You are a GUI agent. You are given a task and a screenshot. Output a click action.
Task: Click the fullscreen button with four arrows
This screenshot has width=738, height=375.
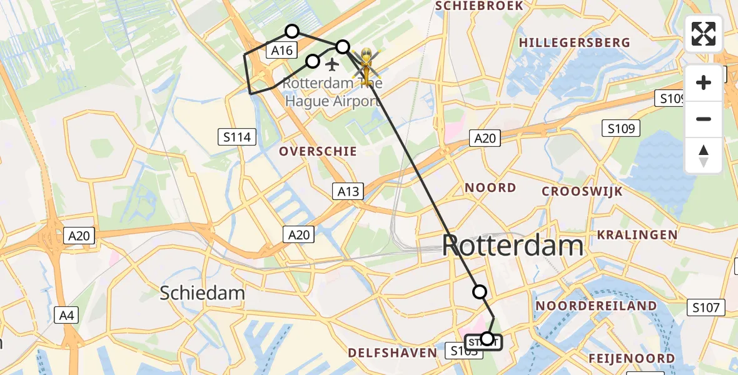pyautogui.click(x=704, y=34)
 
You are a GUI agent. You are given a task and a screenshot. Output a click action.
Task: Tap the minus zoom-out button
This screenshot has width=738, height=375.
pyautogui.click(x=704, y=119)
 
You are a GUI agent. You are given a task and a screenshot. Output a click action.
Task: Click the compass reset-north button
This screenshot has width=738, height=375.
pyautogui.click(x=704, y=155)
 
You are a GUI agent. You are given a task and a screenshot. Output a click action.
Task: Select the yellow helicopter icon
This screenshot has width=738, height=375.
pyautogui.click(x=365, y=64)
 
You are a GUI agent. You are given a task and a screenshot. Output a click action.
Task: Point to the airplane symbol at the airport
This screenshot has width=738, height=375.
pyautogui.click(x=332, y=64)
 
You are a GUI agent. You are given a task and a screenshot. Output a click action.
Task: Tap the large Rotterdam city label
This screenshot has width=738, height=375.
pyautogui.click(x=513, y=246)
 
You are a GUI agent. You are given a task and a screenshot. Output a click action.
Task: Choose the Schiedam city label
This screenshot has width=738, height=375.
pyautogui.click(x=202, y=292)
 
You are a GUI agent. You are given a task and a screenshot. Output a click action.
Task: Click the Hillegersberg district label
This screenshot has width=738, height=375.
pyautogui.click(x=574, y=42)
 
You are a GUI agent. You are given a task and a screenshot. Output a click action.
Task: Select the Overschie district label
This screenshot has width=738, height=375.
pyautogui.click(x=318, y=151)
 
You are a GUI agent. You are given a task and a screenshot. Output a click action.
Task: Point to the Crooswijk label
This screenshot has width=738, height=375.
pyautogui.click(x=582, y=191)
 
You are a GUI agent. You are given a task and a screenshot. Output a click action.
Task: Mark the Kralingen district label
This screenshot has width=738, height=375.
pyautogui.click(x=637, y=235)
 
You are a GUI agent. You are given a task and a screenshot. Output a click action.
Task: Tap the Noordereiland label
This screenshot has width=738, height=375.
pyautogui.click(x=597, y=306)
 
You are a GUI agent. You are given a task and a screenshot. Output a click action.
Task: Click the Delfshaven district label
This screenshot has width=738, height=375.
pyautogui.click(x=392, y=352)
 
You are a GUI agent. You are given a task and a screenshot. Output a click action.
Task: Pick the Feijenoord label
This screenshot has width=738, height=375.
pyautogui.click(x=631, y=358)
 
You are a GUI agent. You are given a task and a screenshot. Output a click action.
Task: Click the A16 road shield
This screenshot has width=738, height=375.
pyautogui.click(x=281, y=51)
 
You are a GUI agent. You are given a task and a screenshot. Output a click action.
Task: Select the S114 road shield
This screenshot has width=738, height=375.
pyautogui.click(x=237, y=137)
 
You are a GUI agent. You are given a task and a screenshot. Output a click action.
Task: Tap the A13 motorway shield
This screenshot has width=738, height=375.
pyautogui.click(x=348, y=191)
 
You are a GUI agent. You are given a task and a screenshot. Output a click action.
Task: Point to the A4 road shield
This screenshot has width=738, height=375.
pyautogui.click(x=66, y=316)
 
